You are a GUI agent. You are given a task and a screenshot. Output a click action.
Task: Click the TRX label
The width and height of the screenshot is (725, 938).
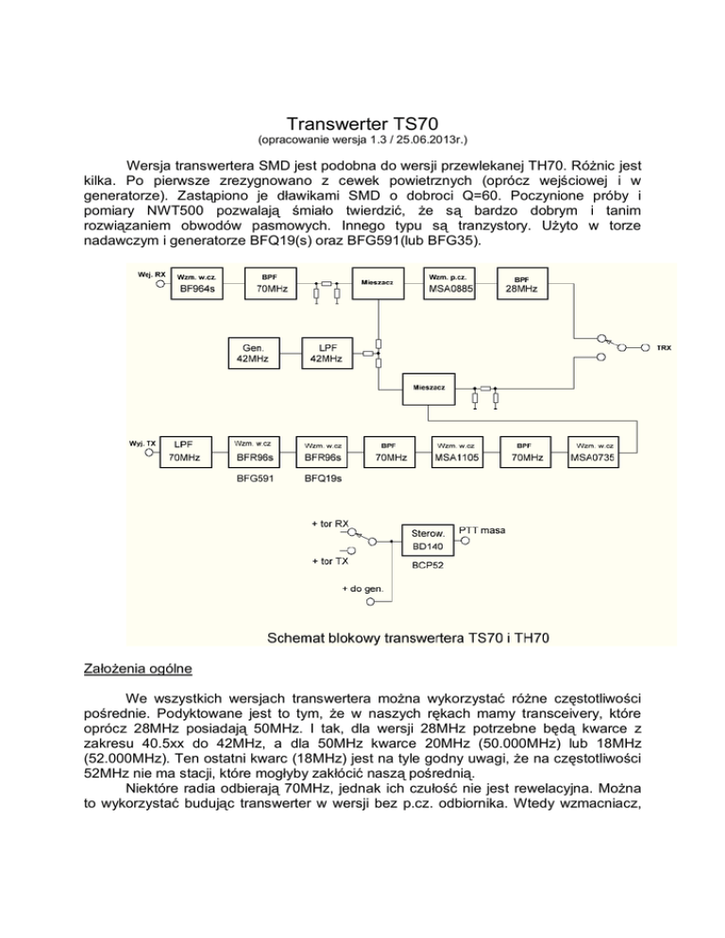664,348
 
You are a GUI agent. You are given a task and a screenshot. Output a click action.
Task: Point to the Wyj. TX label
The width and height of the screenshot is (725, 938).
143,443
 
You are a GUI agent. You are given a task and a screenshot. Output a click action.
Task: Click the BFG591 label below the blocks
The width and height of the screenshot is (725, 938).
252,478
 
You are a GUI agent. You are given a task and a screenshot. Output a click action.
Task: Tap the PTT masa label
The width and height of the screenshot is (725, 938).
481,531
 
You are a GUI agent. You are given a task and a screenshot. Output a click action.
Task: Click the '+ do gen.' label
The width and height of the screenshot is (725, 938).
362,589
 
